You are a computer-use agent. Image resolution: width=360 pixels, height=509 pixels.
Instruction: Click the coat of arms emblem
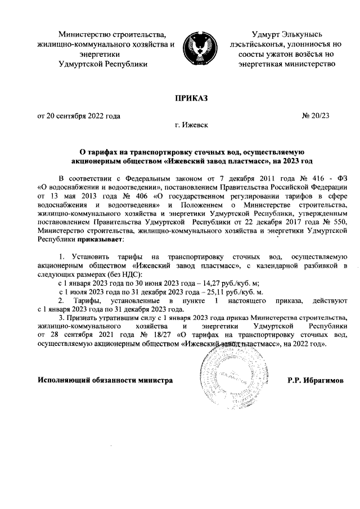pos(200,48)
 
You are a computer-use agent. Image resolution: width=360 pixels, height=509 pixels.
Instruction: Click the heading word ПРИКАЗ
pos(192,99)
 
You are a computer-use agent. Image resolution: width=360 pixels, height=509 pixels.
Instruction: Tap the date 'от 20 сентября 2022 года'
pos(79,116)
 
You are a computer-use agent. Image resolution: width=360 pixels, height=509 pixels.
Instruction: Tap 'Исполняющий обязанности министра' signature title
pos(105,381)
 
